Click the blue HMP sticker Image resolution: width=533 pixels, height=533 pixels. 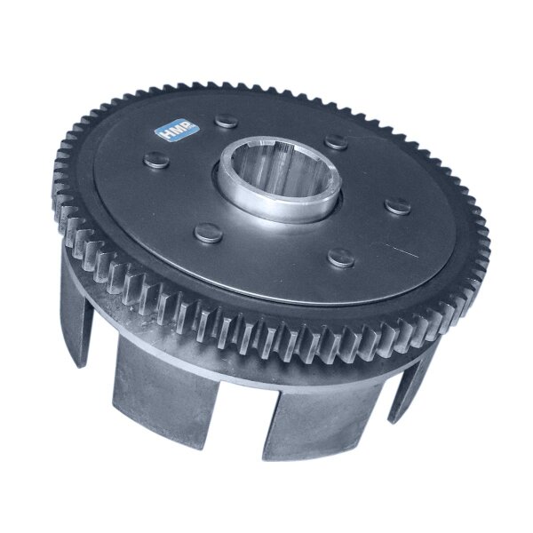[177, 129]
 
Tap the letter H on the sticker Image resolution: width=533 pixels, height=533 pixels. [164, 133]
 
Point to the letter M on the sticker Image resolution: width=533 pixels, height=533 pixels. [175, 129]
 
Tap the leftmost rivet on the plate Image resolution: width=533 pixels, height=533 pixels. [156, 160]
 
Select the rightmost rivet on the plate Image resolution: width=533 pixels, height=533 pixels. [398, 206]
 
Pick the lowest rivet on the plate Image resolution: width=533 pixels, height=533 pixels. [341, 258]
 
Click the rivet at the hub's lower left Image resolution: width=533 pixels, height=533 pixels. [209, 233]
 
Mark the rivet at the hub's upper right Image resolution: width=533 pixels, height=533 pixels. [336, 142]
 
